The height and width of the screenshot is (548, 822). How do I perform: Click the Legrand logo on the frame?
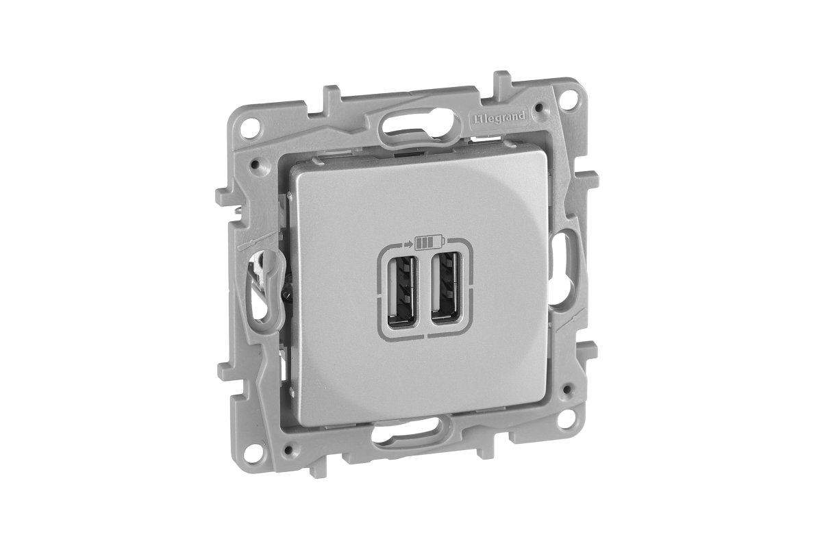click(498, 117)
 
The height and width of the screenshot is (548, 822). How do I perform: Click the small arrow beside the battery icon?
click(407, 243)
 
